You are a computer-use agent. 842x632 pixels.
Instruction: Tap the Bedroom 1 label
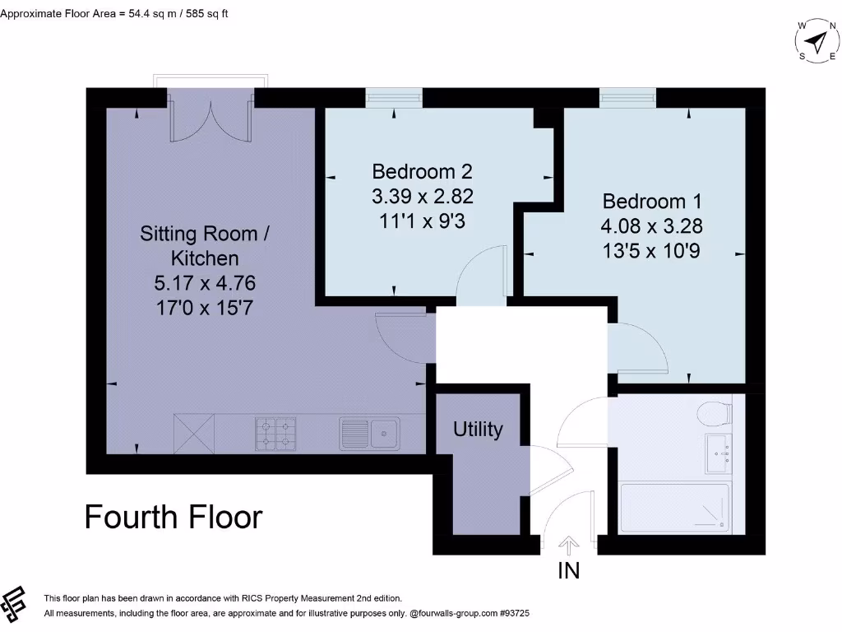[652, 202]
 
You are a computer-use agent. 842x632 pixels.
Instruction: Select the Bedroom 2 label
[423, 172]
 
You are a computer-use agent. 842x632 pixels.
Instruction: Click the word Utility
[478, 429]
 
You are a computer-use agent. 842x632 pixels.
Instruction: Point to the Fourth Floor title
[173, 517]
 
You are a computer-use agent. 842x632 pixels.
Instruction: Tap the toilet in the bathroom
[713, 411]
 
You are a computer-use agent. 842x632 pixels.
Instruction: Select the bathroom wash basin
[717, 453]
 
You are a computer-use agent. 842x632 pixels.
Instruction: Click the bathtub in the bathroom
[673, 507]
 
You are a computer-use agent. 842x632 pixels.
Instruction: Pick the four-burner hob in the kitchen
[275, 434]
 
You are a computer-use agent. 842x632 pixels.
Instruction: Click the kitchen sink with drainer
[369, 434]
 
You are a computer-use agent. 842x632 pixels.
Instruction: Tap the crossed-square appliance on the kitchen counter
[194, 434]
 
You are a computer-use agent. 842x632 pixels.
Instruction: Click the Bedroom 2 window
[393, 98]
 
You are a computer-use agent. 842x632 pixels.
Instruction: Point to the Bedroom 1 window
[627, 98]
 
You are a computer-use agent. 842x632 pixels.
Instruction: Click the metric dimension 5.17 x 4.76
[205, 284]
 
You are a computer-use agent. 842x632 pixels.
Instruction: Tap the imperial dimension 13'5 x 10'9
[652, 251]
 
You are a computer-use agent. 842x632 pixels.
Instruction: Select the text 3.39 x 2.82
[423, 197]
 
